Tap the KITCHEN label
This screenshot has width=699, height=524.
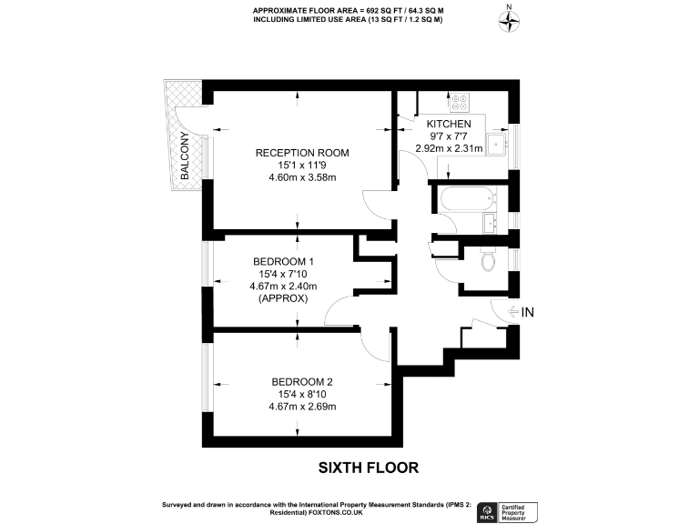[x=449, y=124]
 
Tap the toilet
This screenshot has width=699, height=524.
[x=489, y=261]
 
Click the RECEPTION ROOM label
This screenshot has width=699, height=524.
[x=301, y=152]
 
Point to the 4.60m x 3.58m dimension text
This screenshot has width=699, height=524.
[x=301, y=177]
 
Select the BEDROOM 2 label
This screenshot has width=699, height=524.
[x=301, y=381]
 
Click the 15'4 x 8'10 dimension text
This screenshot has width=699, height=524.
[x=301, y=394]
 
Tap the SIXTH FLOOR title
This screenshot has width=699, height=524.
[x=368, y=468]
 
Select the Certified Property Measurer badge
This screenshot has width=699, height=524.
[x=522, y=511]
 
